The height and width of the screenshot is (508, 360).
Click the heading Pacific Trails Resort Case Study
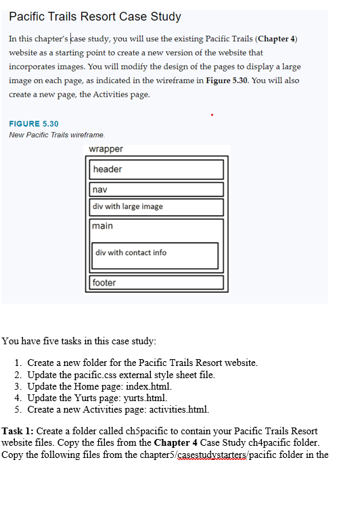pos(95,16)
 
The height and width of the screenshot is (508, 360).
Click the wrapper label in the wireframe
pos(106,149)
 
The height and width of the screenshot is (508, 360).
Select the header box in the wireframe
pos(156,169)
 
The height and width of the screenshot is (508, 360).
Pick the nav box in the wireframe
pos(156,189)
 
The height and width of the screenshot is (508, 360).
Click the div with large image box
pos(156,207)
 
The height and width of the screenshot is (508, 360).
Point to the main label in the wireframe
pos(104,226)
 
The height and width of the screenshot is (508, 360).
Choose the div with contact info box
pos(156,254)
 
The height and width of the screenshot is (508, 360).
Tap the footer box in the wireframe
pos(156,283)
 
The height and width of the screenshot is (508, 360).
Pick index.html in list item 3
pos(139,386)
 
